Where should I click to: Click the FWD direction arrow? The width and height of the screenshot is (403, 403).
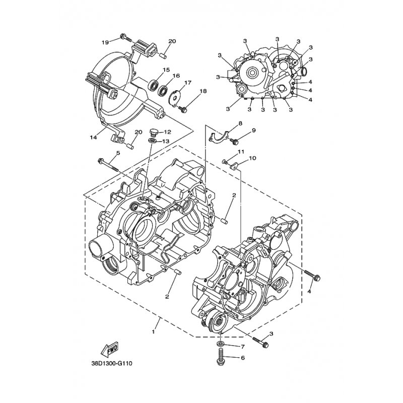click(x=109, y=349)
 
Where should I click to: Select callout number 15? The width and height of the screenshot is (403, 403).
click(x=166, y=70)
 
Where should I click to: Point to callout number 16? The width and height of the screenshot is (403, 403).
click(x=176, y=76)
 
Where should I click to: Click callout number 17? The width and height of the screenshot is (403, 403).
click(x=188, y=83)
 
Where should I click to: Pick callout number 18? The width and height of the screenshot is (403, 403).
click(x=203, y=92)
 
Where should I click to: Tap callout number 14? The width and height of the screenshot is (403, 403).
click(x=93, y=138)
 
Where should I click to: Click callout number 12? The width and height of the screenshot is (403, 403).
click(x=167, y=132)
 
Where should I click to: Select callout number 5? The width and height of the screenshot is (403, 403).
click(x=118, y=153)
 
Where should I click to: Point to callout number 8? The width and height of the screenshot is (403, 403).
click(x=240, y=123)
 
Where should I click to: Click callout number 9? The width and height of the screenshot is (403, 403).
click(x=253, y=130)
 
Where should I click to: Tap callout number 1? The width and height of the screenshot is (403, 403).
click(x=153, y=332)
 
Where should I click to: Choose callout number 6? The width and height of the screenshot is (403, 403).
click(x=243, y=358)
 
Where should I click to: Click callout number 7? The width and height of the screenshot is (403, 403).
click(x=242, y=347)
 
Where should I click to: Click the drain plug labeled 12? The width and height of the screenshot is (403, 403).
click(x=153, y=133)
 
